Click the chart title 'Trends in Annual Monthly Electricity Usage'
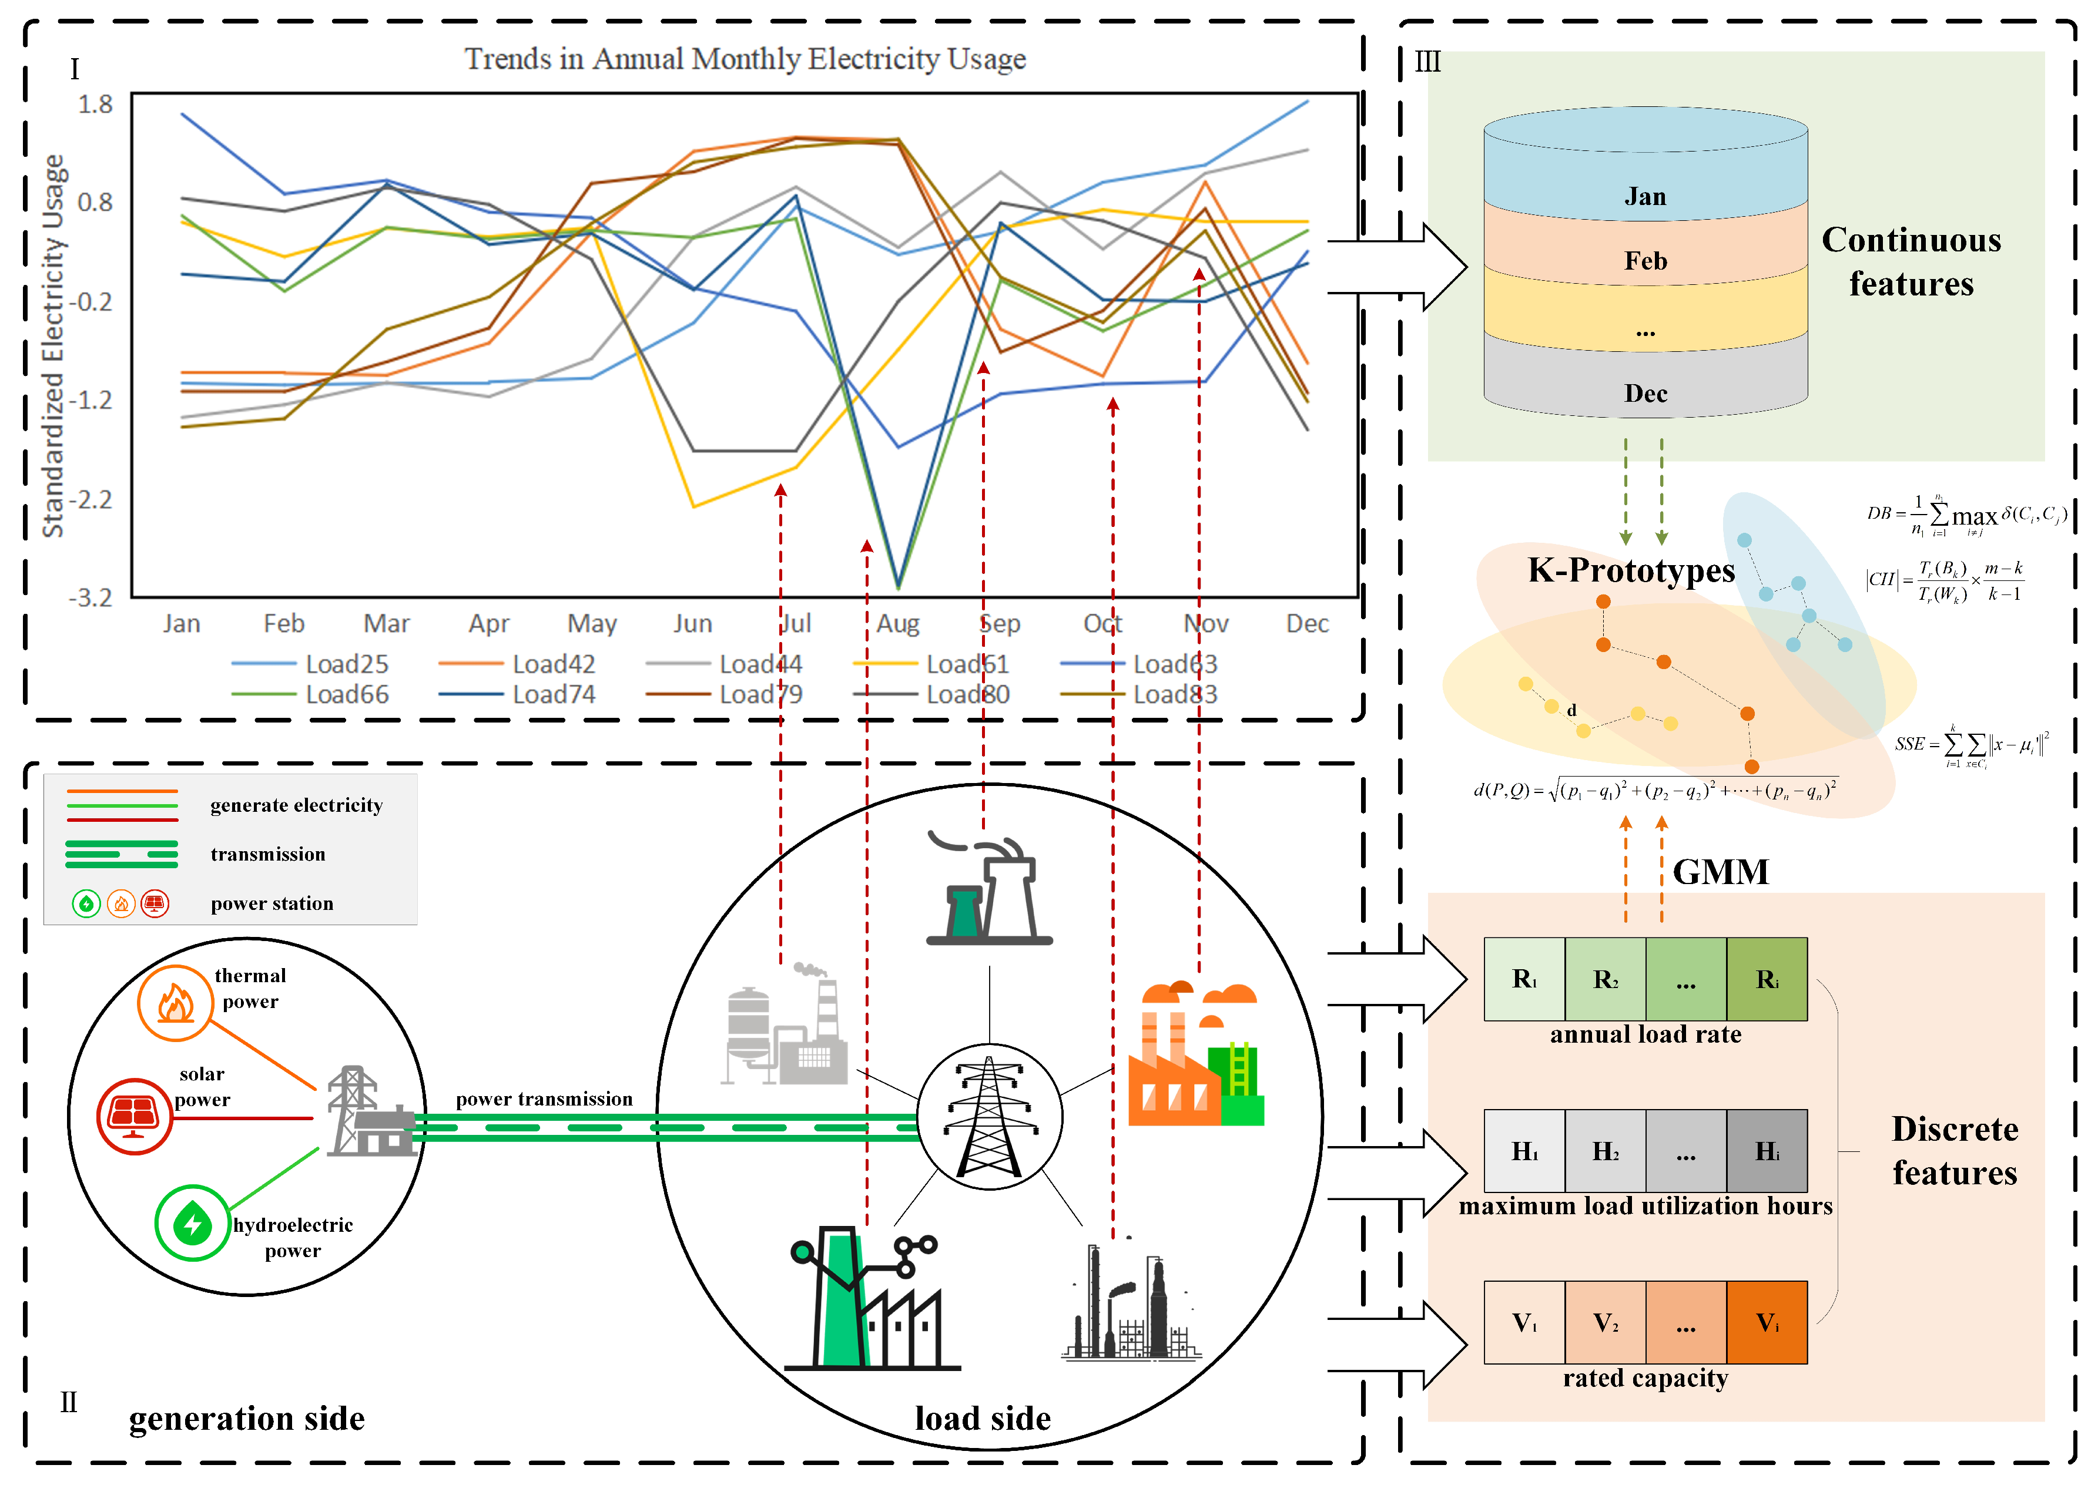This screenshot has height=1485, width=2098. [x=745, y=59]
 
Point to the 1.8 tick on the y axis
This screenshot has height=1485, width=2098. [x=95, y=104]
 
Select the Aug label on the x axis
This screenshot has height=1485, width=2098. [x=897, y=624]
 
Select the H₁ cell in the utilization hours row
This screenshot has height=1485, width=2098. [x=1524, y=1151]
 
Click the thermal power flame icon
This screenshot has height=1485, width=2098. [x=175, y=1003]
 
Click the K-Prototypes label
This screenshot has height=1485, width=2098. [x=1631, y=570]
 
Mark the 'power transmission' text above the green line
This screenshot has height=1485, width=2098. [x=544, y=1098]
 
